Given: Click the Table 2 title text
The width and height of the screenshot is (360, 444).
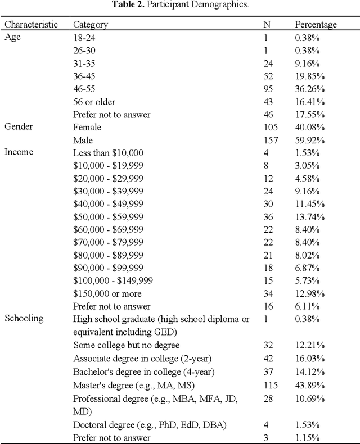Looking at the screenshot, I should tap(180, 5).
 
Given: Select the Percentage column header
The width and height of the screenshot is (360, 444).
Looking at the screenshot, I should tap(316, 25).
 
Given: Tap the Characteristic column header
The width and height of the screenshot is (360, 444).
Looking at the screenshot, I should tap(31, 25).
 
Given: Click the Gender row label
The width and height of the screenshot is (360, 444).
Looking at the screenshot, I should tap(19, 127).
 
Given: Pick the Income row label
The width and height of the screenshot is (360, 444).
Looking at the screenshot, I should tap(19, 152).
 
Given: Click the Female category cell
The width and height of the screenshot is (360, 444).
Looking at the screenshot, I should tap(87, 127).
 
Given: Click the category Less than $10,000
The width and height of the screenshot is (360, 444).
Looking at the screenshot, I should tap(109, 152).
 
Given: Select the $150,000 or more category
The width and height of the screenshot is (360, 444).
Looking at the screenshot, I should tap(107, 293).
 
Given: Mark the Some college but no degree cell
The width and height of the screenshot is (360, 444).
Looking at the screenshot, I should tap(127, 345).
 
